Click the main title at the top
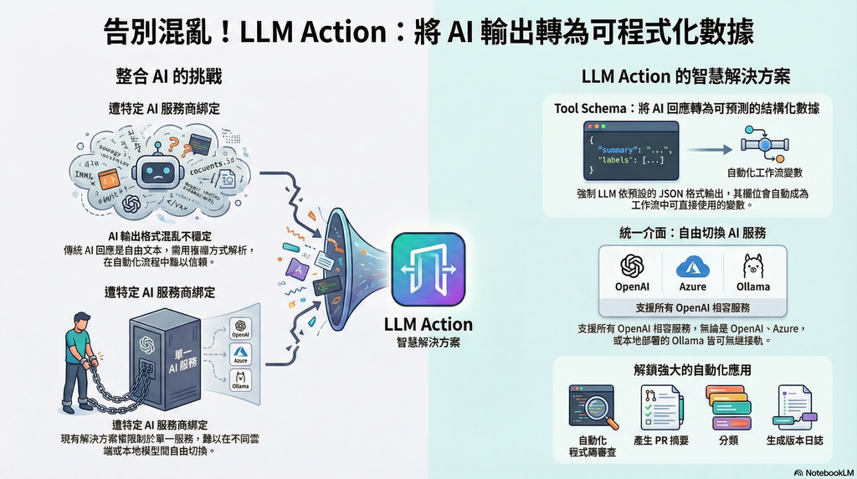[x=428, y=32]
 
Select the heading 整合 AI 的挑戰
[x=168, y=77]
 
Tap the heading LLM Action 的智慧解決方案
[x=685, y=77]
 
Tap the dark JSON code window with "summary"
[x=630, y=151]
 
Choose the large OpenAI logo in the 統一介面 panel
[x=632, y=265]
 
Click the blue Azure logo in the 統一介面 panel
[x=693, y=265]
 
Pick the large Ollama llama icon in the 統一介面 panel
[x=753, y=265]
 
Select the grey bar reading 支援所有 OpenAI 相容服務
[x=692, y=306]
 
